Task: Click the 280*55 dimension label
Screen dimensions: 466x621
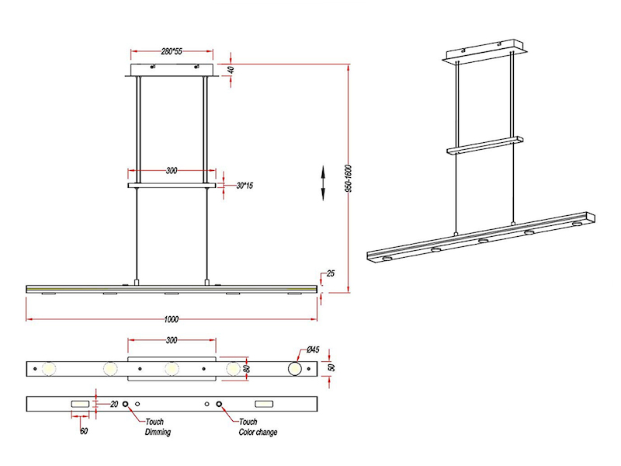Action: (x=172, y=50)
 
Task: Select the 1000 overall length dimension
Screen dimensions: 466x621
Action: (x=172, y=319)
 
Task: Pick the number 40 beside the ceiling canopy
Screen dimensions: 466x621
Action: (x=231, y=70)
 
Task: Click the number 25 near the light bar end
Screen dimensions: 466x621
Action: (x=330, y=273)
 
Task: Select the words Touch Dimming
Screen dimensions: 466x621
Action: (x=158, y=427)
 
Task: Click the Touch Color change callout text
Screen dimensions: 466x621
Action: (x=257, y=427)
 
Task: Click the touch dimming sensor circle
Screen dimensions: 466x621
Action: (x=125, y=405)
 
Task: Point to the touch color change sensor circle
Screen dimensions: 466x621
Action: (x=220, y=405)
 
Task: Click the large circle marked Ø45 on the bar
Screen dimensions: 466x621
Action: (x=296, y=367)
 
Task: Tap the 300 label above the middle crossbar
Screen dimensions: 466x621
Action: (x=172, y=169)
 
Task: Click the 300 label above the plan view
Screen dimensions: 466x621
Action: (x=172, y=340)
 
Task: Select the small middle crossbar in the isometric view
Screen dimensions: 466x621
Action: (x=484, y=145)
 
